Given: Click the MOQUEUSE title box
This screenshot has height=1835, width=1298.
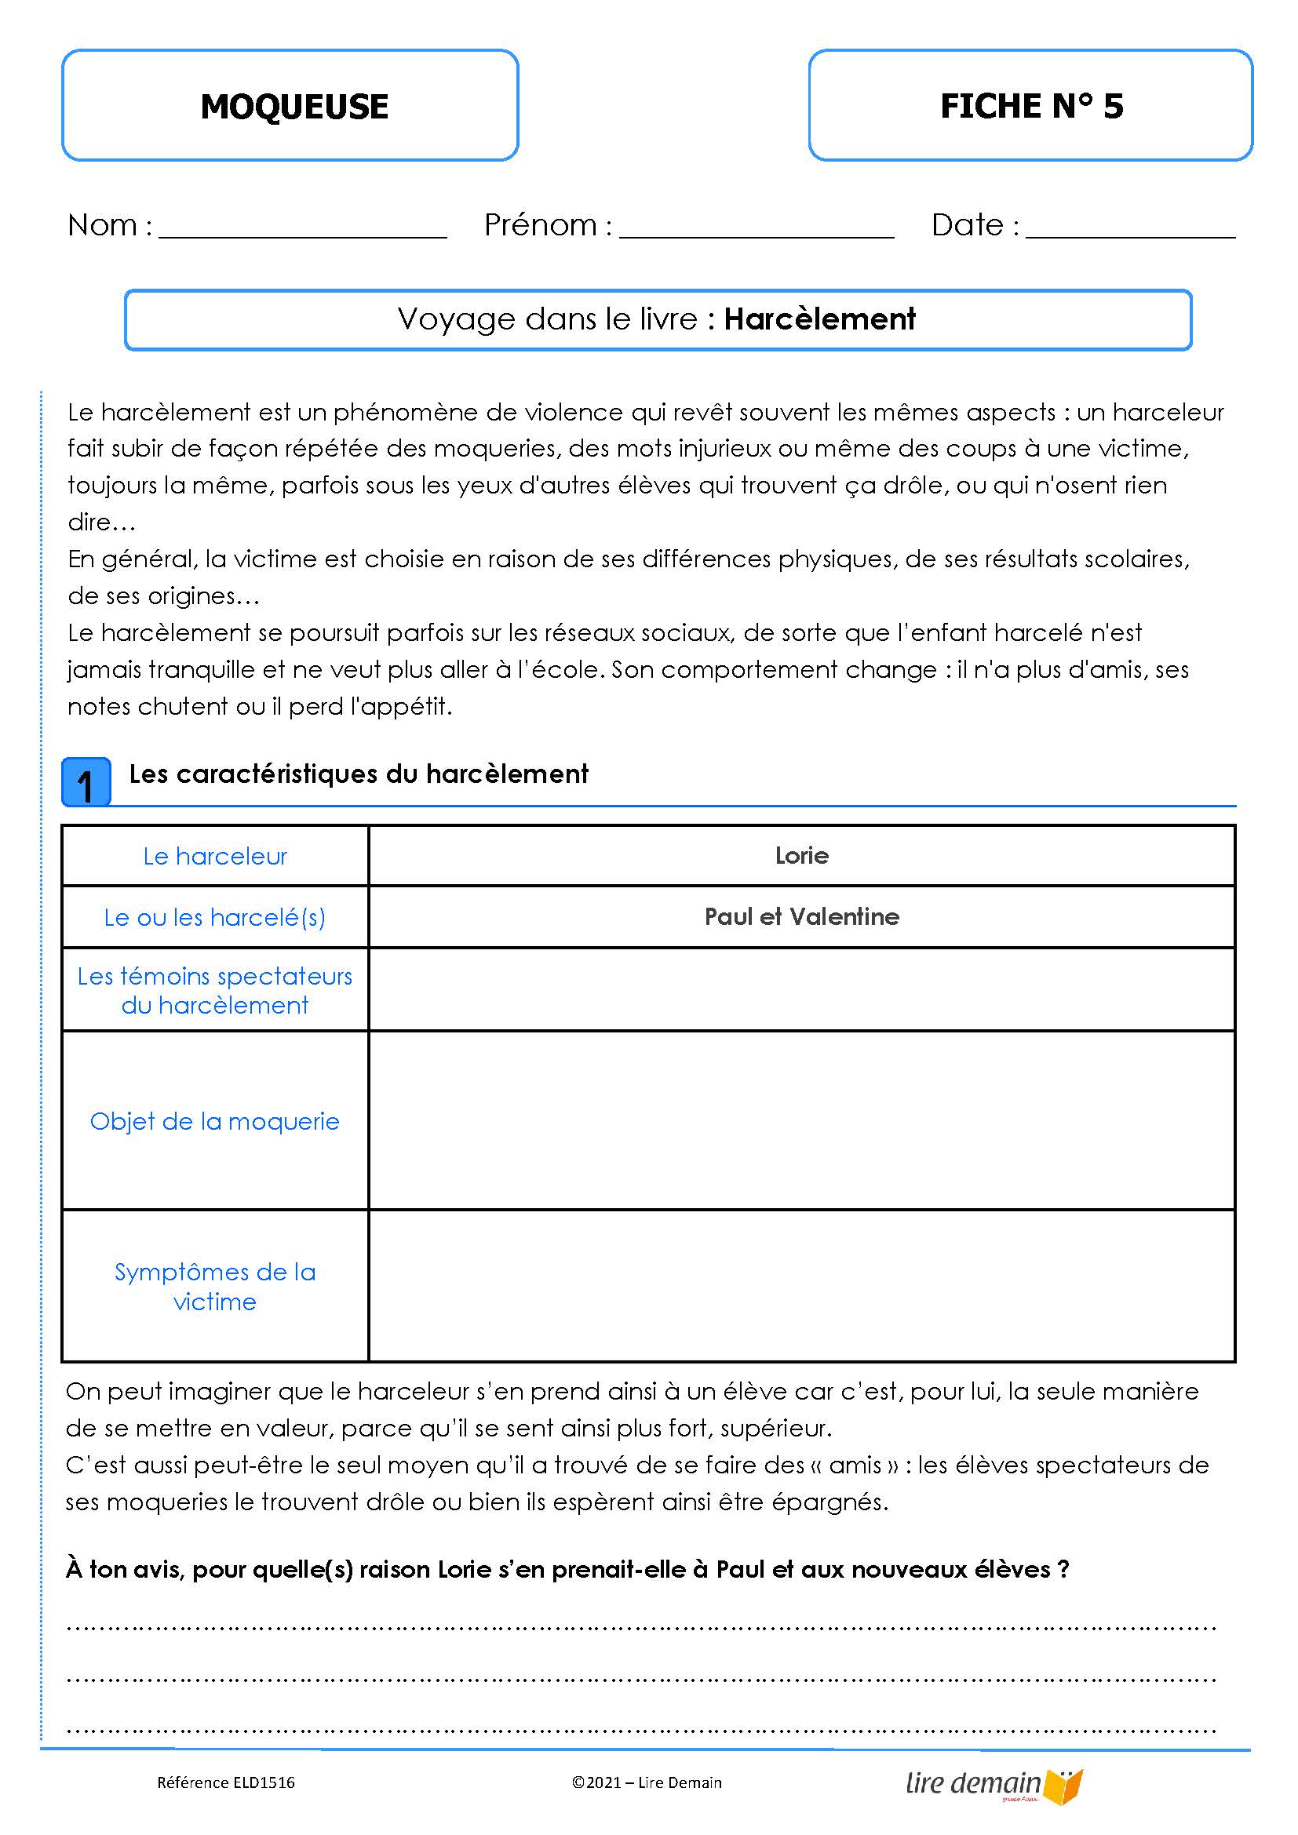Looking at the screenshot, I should pos(290,105).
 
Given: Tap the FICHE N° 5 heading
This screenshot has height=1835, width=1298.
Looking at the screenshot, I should pos(1030,105).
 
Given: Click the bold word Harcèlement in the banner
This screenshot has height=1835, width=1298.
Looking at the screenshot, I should pos(819,319).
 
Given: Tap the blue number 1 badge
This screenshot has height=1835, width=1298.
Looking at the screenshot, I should pos(86,782).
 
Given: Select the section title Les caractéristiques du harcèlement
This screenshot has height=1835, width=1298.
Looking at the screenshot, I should pos(358,774).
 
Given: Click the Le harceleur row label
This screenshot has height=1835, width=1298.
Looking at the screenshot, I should pos(215,856).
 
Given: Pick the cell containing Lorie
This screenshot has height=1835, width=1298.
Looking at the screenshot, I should pos(802,856).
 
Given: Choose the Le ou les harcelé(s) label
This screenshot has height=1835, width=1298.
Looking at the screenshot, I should pos(215,916).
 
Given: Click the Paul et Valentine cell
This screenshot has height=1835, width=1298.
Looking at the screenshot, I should pos(802,916).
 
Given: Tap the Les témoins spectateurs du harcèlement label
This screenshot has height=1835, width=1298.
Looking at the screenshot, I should pos(215,990).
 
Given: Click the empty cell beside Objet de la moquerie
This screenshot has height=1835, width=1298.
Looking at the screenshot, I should pos(802,1120).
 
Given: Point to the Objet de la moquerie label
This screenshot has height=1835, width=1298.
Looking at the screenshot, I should pos(215,1121).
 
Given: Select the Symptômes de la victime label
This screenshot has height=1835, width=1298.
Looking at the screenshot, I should pos(215,1286).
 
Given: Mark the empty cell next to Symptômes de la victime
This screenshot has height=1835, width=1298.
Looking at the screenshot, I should pos(802,1286).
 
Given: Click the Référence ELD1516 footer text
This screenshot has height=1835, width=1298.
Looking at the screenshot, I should pos(225,1782).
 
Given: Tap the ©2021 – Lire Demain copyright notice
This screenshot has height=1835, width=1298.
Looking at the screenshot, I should pos(647,1782).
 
